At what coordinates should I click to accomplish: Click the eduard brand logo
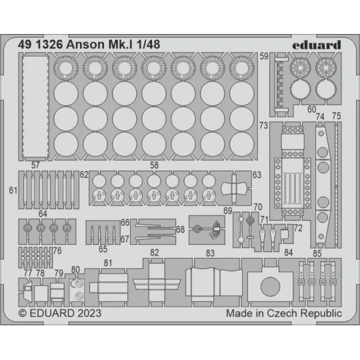(x=316, y=45)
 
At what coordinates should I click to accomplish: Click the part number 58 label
(x=154, y=165)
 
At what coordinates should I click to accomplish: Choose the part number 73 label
(x=264, y=125)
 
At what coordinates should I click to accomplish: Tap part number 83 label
(x=211, y=253)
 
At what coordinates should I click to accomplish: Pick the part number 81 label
(x=108, y=263)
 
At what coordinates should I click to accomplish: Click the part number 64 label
(x=43, y=214)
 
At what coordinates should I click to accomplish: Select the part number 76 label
(x=57, y=251)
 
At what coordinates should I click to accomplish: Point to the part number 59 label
(x=264, y=56)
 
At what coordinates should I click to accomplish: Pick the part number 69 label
(x=228, y=211)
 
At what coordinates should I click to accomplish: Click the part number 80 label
(x=75, y=269)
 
